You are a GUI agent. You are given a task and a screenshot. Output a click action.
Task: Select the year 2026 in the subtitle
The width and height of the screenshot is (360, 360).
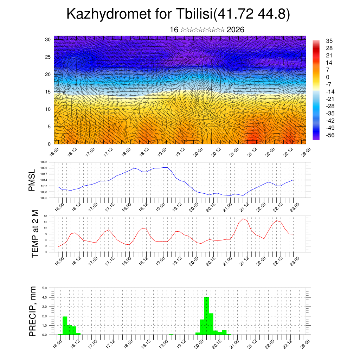(236, 30)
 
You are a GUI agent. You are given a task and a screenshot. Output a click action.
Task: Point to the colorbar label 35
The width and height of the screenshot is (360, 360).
(329, 41)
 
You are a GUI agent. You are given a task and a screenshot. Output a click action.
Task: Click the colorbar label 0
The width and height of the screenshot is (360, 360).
(328, 77)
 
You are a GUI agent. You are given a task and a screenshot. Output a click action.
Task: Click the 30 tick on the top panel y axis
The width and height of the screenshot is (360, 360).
(48, 39)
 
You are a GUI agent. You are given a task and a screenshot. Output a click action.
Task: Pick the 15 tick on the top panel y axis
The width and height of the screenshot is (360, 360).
(48, 92)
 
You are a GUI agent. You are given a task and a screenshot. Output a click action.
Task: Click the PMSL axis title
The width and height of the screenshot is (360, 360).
(32, 180)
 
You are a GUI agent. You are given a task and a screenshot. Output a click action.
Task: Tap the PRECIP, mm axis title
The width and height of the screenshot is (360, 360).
(33, 311)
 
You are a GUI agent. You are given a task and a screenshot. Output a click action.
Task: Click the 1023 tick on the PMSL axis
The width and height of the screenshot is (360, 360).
(44, 162)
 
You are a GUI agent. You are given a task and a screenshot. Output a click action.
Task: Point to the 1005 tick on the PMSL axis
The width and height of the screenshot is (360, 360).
(44, 198)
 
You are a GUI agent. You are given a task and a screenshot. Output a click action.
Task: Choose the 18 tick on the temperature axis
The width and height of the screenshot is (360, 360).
(46, 216)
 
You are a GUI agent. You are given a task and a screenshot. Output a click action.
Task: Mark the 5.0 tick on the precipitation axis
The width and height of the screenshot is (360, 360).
(45, 288)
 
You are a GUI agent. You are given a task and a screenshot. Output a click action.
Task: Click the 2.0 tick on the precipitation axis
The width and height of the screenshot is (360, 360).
(45, 316)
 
